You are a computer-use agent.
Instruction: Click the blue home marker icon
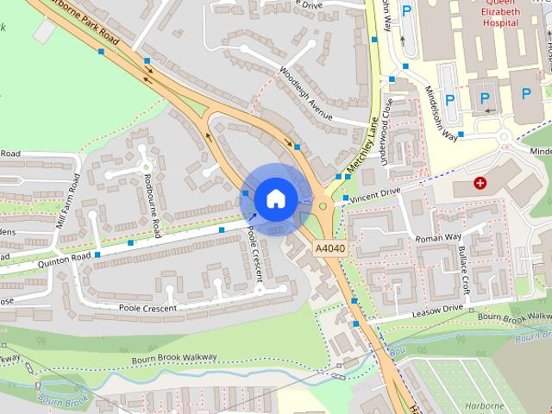click(275, 198)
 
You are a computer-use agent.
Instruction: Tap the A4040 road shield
click(329, 248)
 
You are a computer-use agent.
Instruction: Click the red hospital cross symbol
click(479, 183)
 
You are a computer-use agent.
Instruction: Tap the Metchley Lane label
click(362, 146)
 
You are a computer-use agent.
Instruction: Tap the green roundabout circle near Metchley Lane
click(323, 205)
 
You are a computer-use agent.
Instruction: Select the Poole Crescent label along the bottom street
click(147, 308)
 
